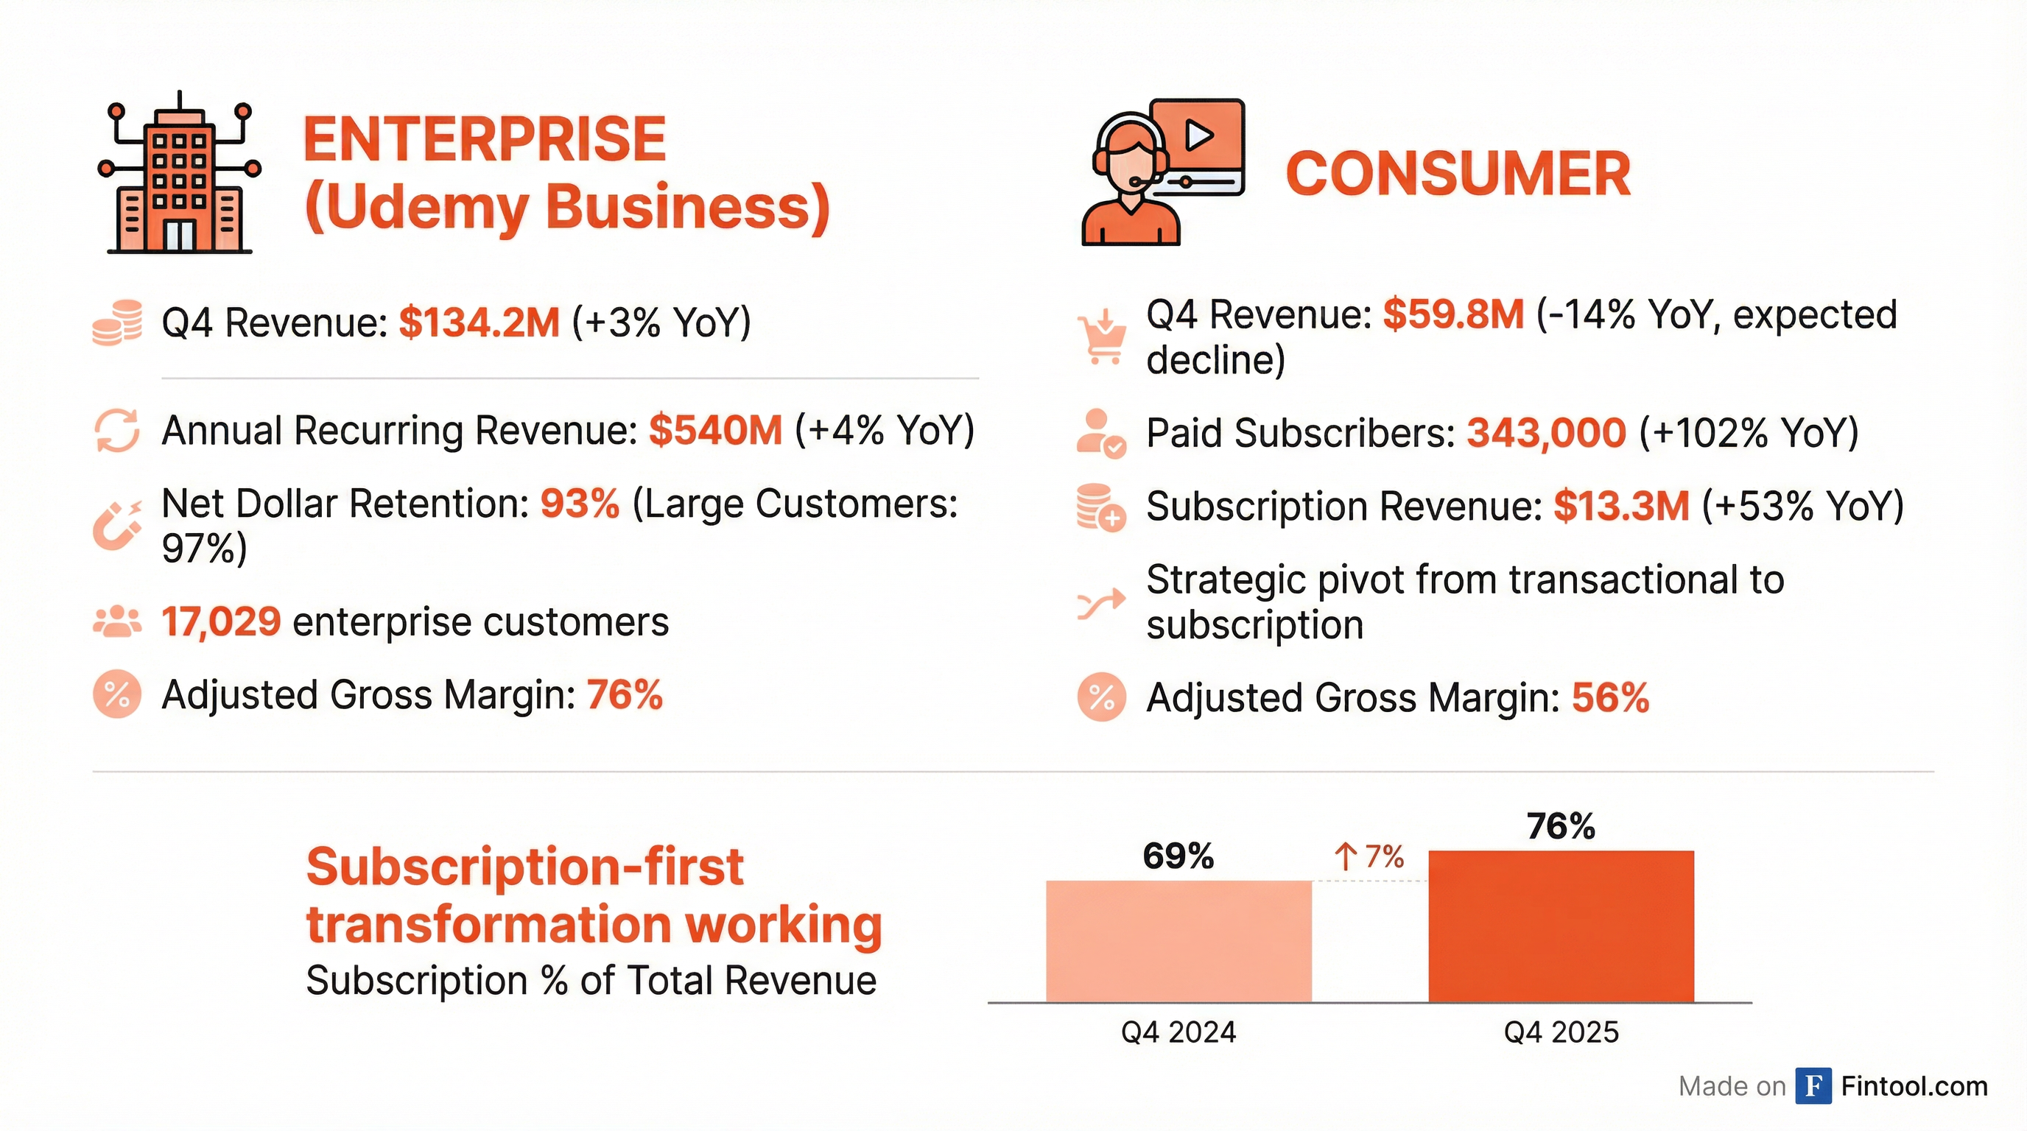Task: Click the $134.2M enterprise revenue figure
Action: coord(479,323)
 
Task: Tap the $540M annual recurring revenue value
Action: coord(715,430)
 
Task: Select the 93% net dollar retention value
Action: coord(579,504)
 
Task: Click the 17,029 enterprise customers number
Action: coord(221,622)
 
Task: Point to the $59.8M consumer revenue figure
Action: coord(1453,314)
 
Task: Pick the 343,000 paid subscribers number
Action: coord(1546,432)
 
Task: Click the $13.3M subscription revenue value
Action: coord(1621,506)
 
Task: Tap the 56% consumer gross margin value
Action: coord(1610,697)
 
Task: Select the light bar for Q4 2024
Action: coord(1178,942)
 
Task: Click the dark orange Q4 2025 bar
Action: coord(1560,926)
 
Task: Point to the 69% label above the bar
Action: coord(1178,856)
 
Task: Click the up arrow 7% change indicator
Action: coord(1369,856)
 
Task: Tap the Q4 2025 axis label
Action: coord(1560,1032)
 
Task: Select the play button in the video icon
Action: coord(1198,135)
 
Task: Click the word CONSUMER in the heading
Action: coord(1458,174)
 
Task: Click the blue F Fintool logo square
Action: coord(1813,1086)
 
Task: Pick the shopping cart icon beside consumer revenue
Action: coord(1102,337)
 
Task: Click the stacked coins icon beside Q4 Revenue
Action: coord(117,323)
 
